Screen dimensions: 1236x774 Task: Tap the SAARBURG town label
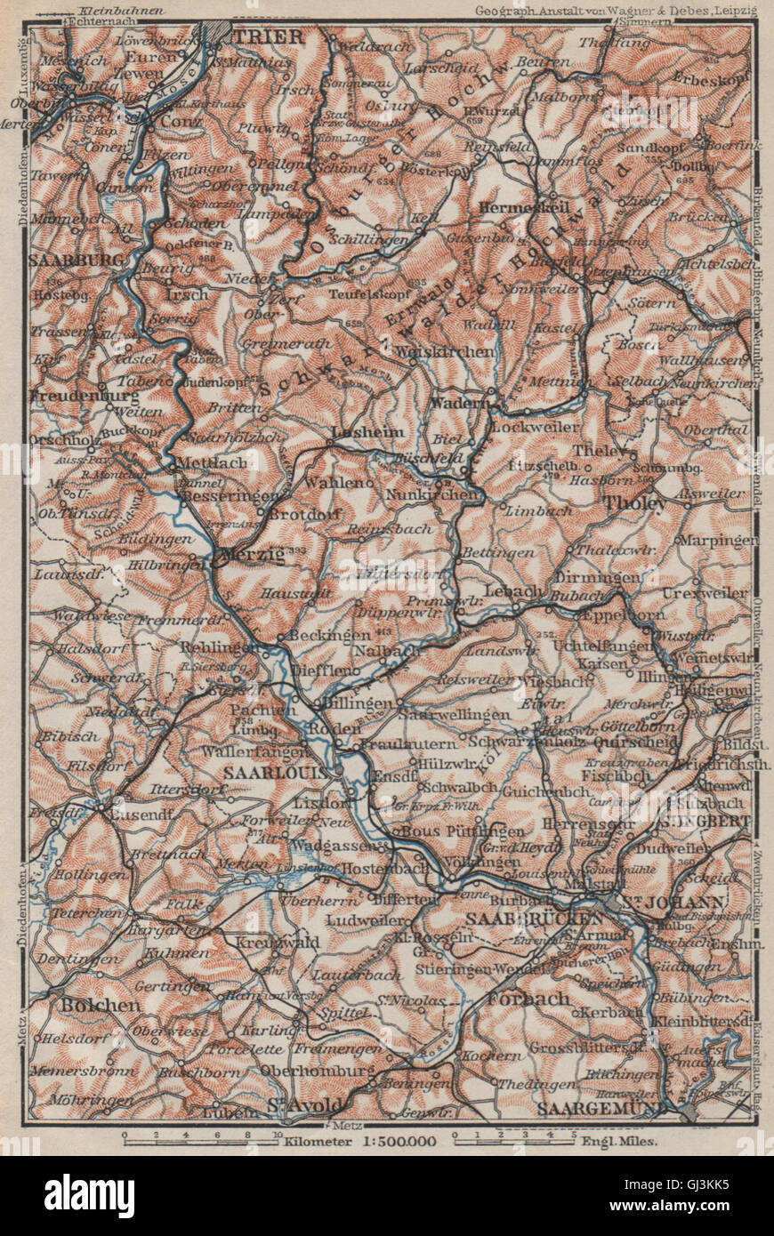pyautogui.click(x=65, y=261)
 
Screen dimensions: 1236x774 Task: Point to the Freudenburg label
pyautogui.click(x=72, y=394)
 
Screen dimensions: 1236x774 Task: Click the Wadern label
pyautogui.click(x=461, y=402)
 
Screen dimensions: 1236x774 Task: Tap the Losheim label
pyautogui.click(x=355, y=433)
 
